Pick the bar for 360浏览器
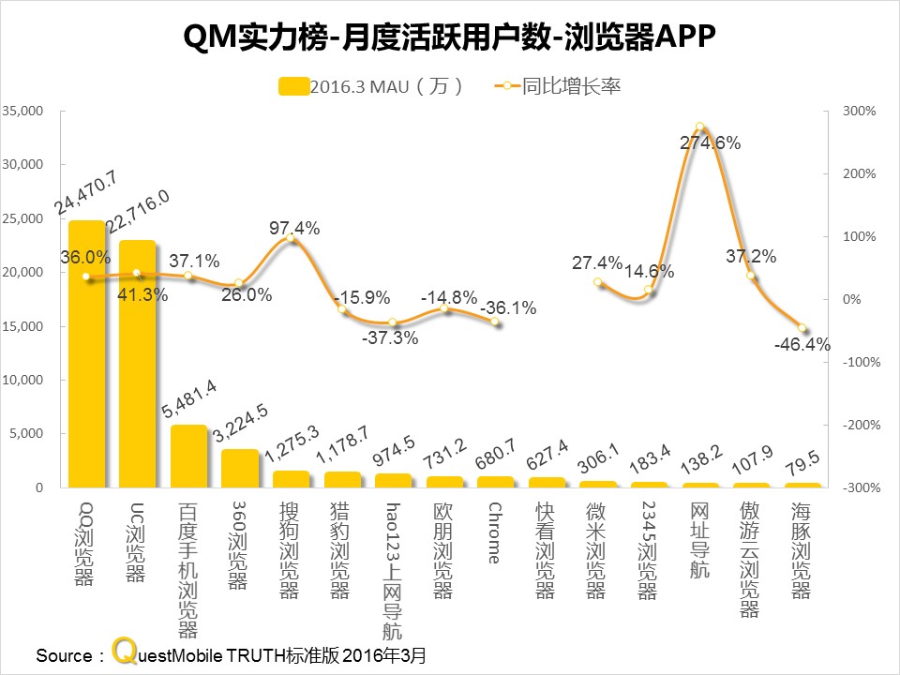pos(240,469)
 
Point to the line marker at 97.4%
pos(291,240)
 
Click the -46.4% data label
pos(802,344)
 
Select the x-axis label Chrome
pos(495,532)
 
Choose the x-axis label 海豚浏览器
pos(802,551)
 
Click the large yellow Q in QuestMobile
pos(124,652)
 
